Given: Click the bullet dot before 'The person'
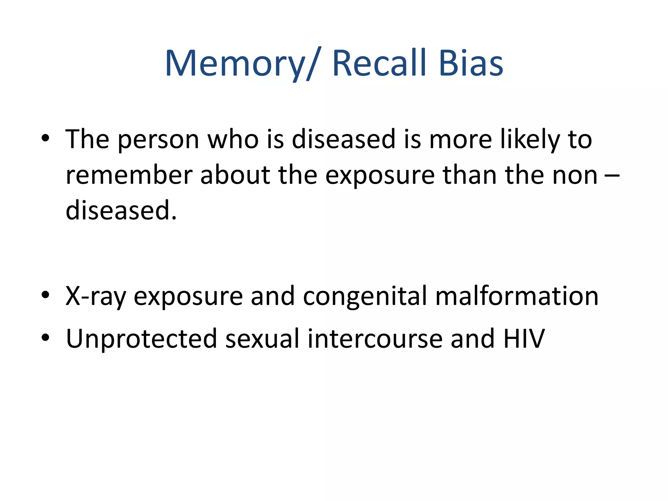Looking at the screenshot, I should (x=45, y=138).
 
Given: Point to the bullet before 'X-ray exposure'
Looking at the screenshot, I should (x=45, y=295).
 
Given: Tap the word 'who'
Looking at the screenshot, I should (x=233, y=140).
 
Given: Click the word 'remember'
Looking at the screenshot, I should (x=129, y=175).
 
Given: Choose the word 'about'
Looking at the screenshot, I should (x=235, y=175).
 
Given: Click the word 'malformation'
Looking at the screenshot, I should (x=517, y=296).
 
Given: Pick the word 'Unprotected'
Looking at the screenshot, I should (x=141, y=339).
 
